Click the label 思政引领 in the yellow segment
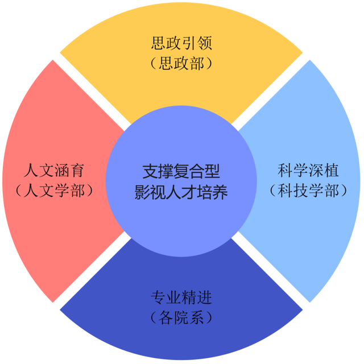pos(181,43)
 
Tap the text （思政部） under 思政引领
pos(181,63)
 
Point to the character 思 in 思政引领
pos(159,43)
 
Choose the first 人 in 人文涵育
pos(32,170)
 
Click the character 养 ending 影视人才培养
pos(220,191)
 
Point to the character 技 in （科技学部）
pos(300,189)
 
